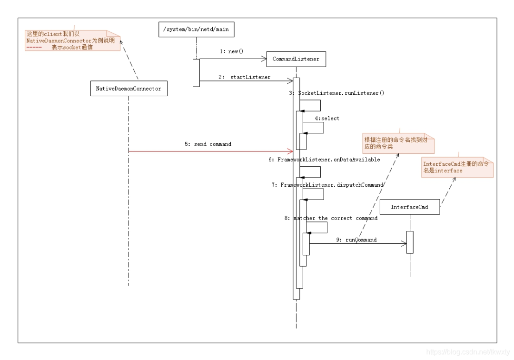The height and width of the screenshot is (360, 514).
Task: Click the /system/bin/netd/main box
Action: click(x=196, y=30)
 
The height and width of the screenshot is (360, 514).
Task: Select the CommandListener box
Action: click(x=296, y=59)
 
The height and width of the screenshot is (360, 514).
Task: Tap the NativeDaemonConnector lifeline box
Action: click(x=128, y=89)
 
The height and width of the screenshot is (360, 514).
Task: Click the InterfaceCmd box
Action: click(x=409, y=207)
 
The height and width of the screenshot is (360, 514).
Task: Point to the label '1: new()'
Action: click(x=231, y=51)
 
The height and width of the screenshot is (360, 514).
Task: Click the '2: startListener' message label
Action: click(x=245, y=77)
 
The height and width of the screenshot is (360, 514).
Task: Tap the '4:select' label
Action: click(x=327, y=118)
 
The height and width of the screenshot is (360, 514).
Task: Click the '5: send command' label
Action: click(x=208, y=144)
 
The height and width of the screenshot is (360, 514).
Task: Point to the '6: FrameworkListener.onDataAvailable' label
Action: click(x=324, y=160)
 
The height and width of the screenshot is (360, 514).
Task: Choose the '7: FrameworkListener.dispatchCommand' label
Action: click(x=327, y=185)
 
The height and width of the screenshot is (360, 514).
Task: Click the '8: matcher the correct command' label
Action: click(x=331, y=218)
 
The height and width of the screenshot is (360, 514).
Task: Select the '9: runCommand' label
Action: click(x=356, y=240)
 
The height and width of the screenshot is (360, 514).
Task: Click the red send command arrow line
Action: click(x=209, y=151)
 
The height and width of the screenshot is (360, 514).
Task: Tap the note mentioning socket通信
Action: click(x=72, y=41)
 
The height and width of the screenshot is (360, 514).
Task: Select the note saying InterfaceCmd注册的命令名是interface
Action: click(x=457, y=167)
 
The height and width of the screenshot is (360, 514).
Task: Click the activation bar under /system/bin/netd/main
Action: click(x=196, y=73)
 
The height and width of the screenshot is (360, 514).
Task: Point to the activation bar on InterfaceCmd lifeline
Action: click(x=409, y=242)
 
